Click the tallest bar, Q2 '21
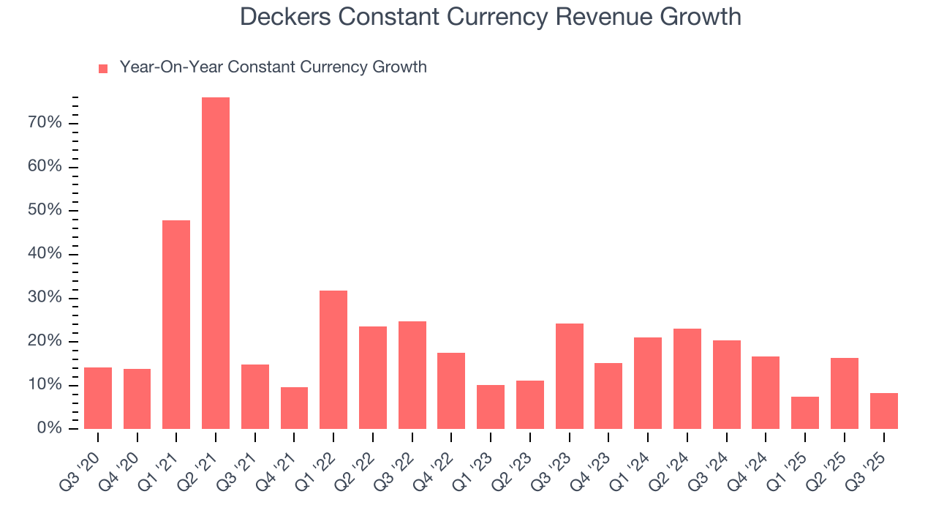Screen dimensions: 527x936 (x=216, y=263)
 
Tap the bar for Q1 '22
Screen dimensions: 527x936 (x=333, y=359)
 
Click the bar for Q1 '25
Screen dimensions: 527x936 (x=805, y=413)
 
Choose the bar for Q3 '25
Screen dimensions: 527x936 (x=884, y=411)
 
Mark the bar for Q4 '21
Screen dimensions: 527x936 (x=294, y=408)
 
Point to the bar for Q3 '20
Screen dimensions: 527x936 (x=98, y=398)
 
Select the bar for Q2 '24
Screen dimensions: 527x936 (x=687, y=378)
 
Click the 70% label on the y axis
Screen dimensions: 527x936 (x=45, y=123)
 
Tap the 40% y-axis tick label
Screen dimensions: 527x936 (x=45, y=254)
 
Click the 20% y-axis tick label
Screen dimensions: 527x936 (x=45, y=342)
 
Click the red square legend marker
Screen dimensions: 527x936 (x=103, y=69)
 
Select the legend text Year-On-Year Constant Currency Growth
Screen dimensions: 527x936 (x=273, y=67)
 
